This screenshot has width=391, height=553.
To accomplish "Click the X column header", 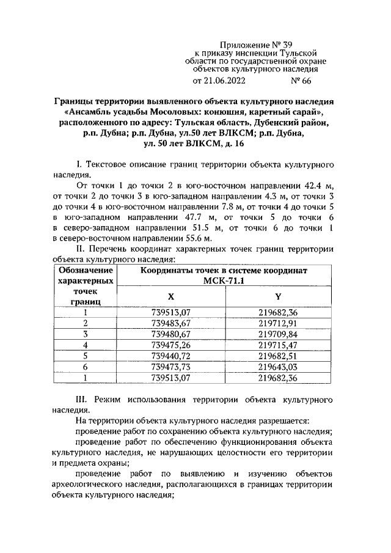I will pos(171,296).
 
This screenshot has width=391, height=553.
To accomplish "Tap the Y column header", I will pos(278,296).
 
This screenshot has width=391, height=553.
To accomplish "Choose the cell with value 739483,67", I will pos(171,323).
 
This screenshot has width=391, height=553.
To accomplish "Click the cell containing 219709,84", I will pos(278,334).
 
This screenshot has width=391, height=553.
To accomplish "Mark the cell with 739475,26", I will pos(171,345).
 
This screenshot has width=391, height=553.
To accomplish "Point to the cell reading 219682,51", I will pos(278,356).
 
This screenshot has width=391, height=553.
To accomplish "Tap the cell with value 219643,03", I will pos(278,367).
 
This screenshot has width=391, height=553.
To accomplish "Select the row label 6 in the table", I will pos(86,367).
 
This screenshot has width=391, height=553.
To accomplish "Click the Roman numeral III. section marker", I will pos(82,399).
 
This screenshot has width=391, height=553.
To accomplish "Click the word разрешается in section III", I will pos(281,421).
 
